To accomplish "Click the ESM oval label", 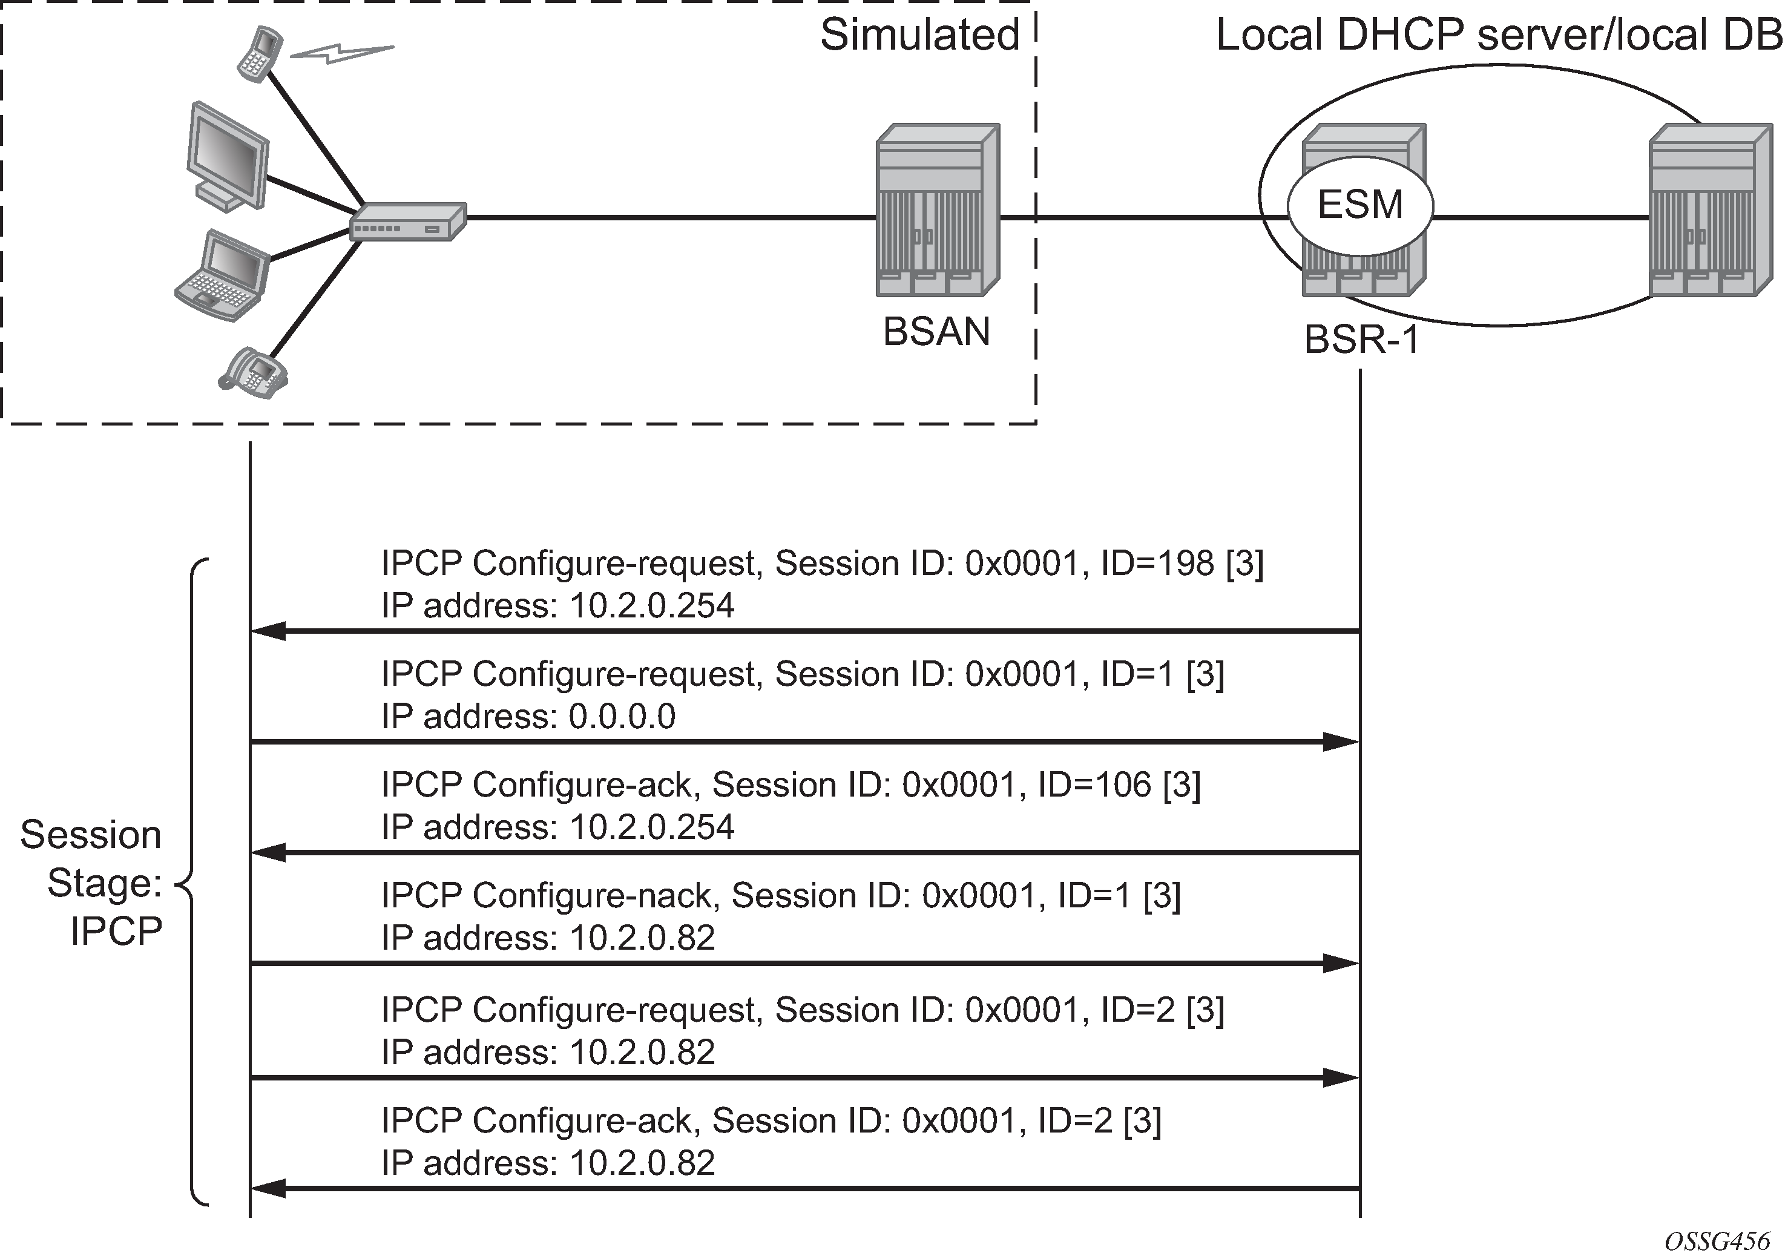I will [x=1359, y=205].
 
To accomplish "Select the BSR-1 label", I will [x=1361, y=340].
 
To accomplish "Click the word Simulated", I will [x=919, y=35].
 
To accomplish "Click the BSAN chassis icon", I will [x=937, y=210].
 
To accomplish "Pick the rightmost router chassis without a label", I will [x=1711, y=210].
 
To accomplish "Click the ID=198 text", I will [x=1157, y=563].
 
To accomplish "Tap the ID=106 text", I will [x=1094, y=784].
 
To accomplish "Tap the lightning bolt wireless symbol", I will [x=342, y=52].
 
